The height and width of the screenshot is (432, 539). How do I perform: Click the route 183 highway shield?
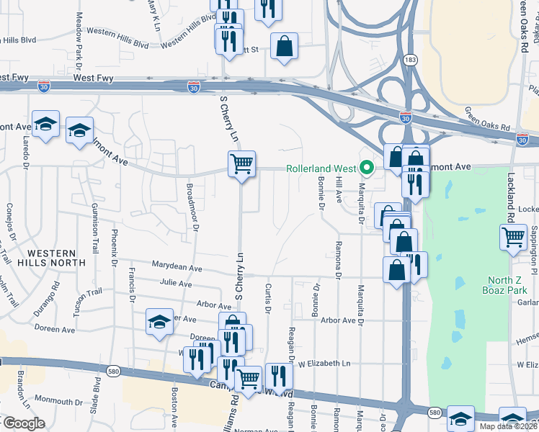point(410,60)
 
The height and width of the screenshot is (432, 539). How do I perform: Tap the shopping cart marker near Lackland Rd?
point(514,235)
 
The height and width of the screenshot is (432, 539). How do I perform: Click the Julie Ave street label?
point(177,284)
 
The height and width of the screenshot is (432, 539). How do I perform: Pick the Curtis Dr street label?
point(267,297)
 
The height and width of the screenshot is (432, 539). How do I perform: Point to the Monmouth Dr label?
point(59,400)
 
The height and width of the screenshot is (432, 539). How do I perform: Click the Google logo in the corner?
point(24,423)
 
